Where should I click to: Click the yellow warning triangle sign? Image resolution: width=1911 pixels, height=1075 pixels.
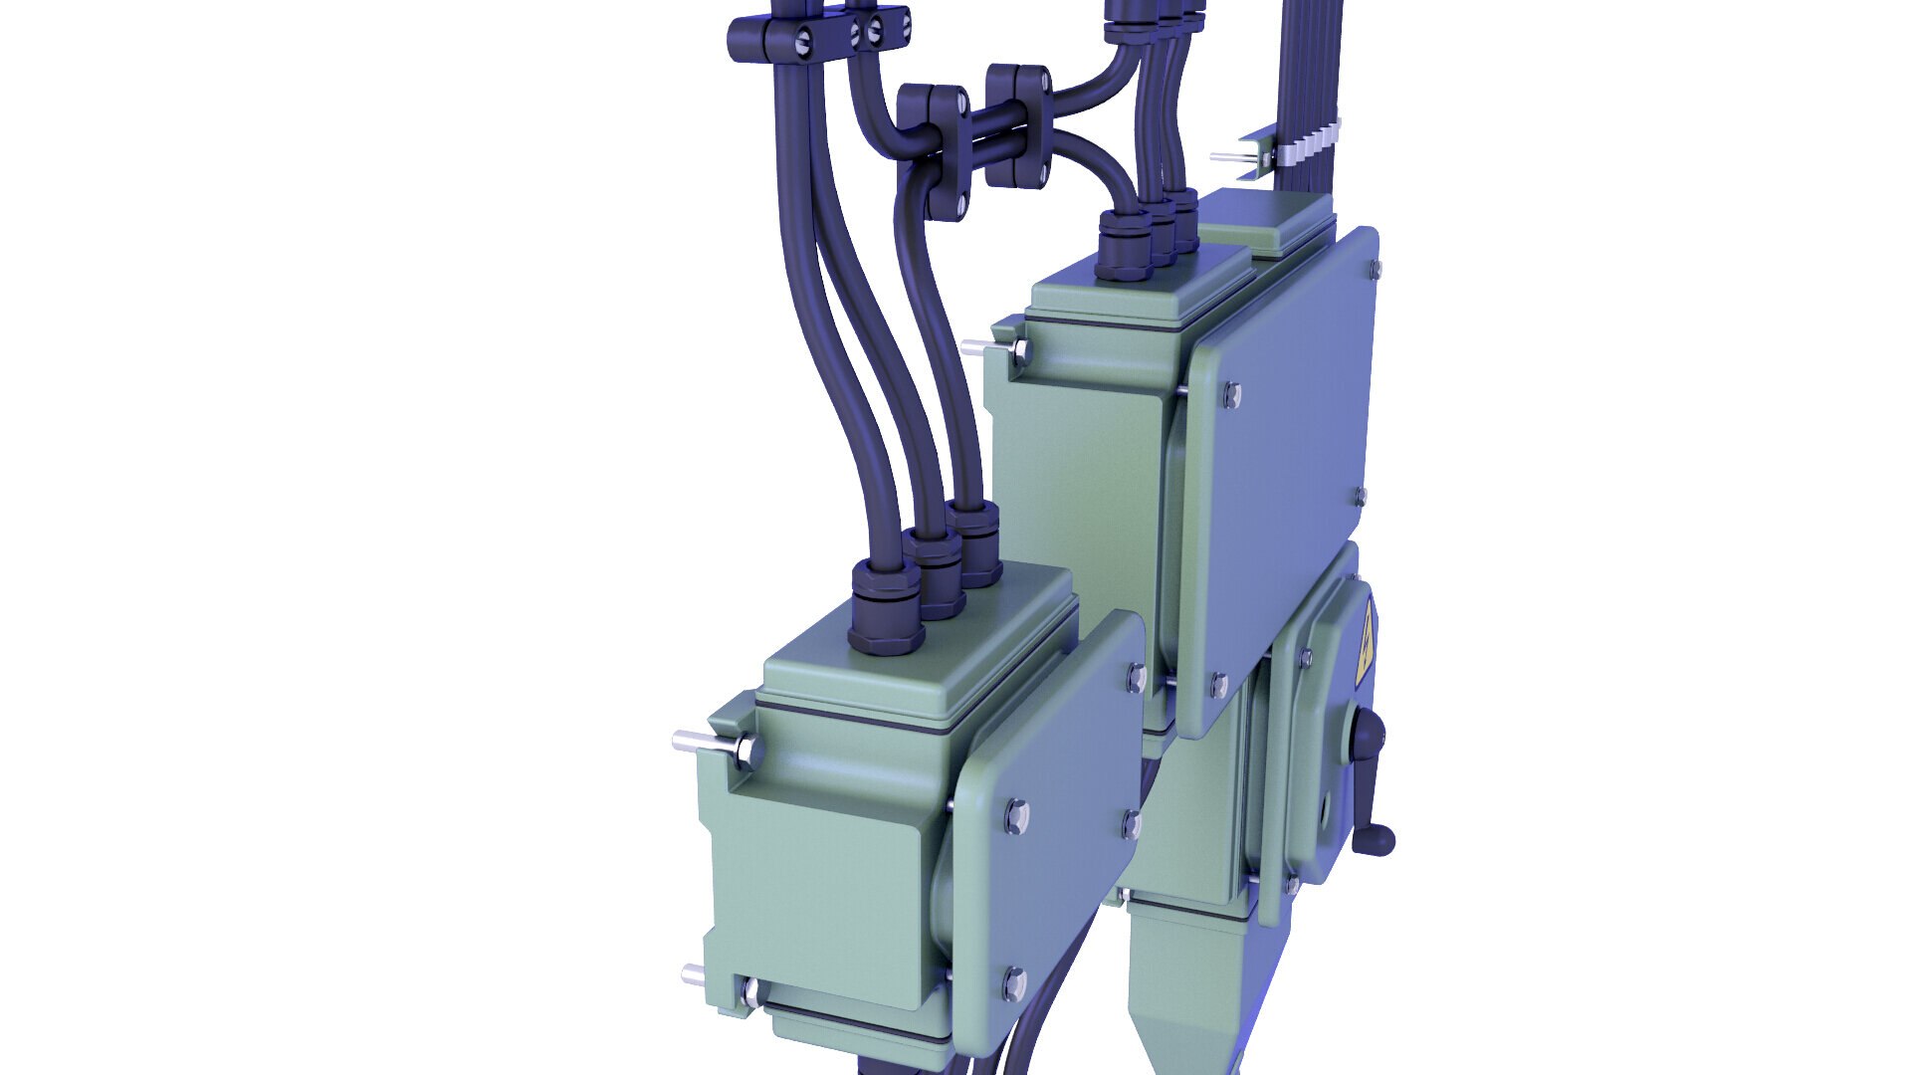pos(1365,646)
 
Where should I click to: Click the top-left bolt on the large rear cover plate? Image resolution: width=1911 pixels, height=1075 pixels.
pos(1231,396)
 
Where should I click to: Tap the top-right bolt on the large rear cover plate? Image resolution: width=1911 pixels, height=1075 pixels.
pos(1375,268)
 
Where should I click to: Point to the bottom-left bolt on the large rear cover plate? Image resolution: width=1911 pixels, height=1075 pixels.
pos(1219,685)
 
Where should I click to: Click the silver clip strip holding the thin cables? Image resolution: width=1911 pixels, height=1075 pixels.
pos(1304,145)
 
